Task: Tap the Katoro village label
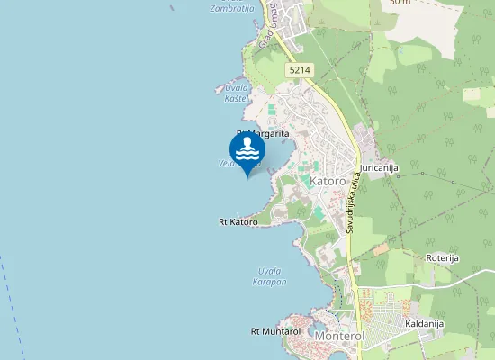pyautogui.click(x=328, y=181)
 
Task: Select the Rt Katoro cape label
pyautogui.click(x=238, y=221)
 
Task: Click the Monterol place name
pyautogui.click(x=338, y=336)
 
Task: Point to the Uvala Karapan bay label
pyautogui.click(x=271, y=276)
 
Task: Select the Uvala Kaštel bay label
pyautogui.click(x=237, y=93)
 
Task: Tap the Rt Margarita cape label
pyautogui.click(x=262, y=133)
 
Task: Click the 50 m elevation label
pyautogui.click(x=400, y=3)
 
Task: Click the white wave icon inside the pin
pyautogui.click(x=247, y=149)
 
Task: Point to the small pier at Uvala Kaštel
pyautogui.click(x=219, y=89)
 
